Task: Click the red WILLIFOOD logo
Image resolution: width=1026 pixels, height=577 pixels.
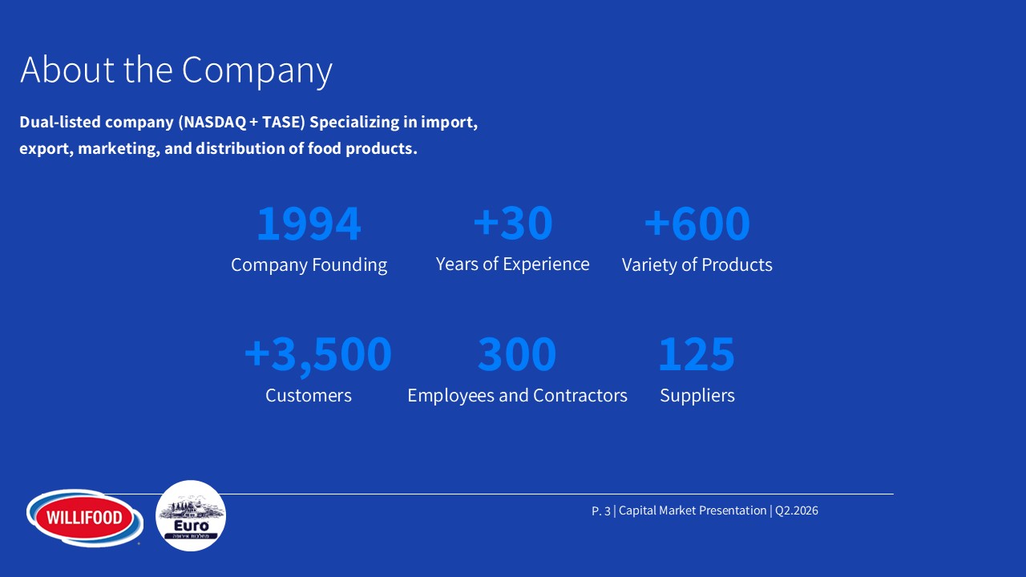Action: click(x=85, y=518)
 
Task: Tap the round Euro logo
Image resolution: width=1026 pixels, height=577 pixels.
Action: click(x=191, y=515)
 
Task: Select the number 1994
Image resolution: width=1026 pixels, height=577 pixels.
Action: click(x=309, y=224)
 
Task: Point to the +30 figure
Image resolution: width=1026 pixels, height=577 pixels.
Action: click(x=512, y=223)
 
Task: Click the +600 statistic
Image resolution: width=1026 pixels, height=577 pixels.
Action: click(x=697, y=224)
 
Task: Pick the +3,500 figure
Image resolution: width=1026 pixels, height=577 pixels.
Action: click(x=318, y=354)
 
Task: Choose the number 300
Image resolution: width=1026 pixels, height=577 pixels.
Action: click(x=517, y=354)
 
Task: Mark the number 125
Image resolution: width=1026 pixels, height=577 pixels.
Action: click(x=697, y=354)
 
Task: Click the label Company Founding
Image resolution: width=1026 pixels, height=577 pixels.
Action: click(x=309, y=265)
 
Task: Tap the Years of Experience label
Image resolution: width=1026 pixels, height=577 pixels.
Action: click(x=512, y=264)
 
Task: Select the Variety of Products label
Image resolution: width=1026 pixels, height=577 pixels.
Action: click(x=697, y=264)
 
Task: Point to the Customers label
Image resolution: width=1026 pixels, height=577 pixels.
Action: click(x=309, y=395)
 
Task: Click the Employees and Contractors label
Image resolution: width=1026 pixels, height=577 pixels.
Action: click(x=517, y=396)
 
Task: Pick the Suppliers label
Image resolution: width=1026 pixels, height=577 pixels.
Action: click(x=697, y=396)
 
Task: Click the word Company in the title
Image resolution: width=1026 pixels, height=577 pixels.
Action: click(x=257, y=71)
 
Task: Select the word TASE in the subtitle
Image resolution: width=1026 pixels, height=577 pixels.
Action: click(x=281, y=122)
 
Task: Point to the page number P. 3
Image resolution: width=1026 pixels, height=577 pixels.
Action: click(x=601, y=510)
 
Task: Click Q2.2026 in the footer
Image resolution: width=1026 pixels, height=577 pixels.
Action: click(x=797, y=510)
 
